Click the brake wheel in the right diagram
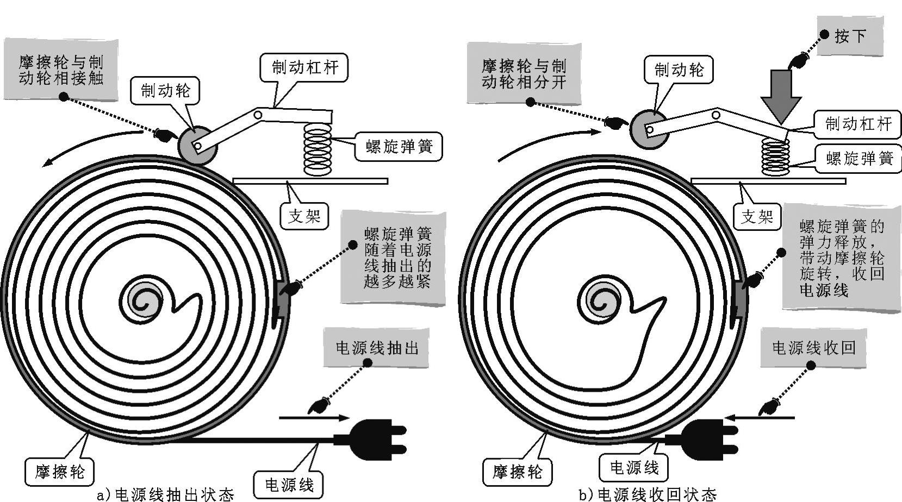coord(649,129)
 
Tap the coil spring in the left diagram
coord(318,149)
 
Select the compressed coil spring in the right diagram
coord(775,157)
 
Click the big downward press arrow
coord(781,95)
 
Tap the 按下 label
coord(849,36)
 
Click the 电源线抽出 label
coord(377,348)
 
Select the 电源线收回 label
coord(814,348)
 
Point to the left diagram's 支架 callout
coord(304,216)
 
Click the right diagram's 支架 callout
coord(757,216)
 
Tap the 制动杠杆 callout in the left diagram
coord(304,68)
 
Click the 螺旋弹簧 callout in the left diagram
coord(399,146)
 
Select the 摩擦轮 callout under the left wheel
coord(60,471)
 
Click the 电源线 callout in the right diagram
coord(634,467)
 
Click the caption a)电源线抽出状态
coord(165,494)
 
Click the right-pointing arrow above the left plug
coord(314,418)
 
